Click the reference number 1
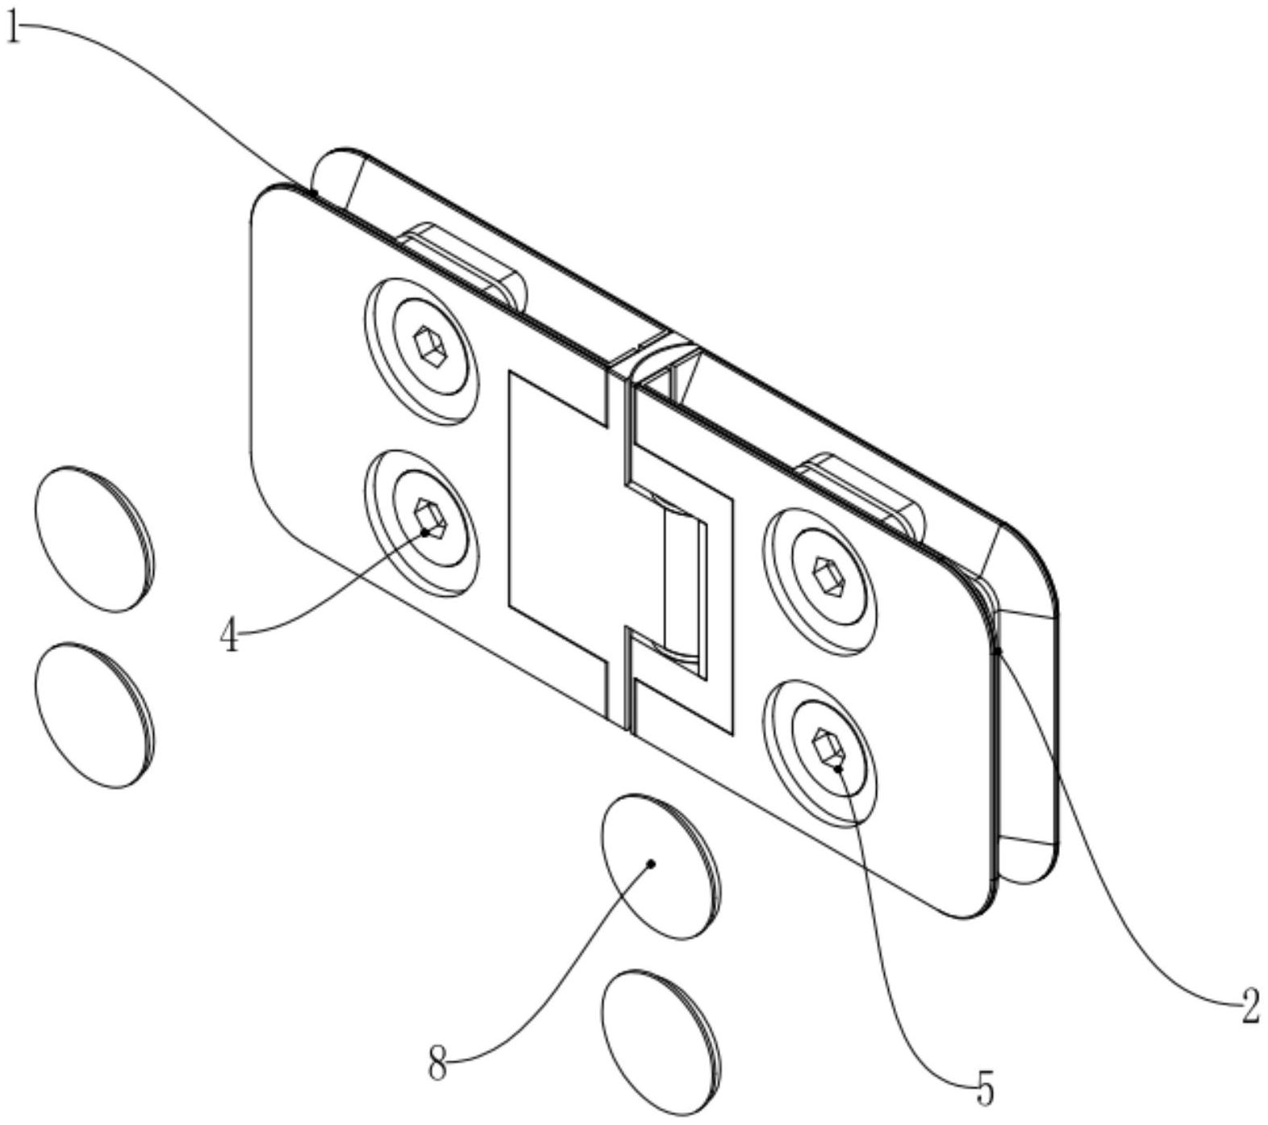12,31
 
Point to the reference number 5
983,1090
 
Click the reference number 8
437,1065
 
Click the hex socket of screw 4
429,516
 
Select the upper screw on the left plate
420,352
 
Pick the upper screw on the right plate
820,579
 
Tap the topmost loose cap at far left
94,538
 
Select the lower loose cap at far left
94,715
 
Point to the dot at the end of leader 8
651,864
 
